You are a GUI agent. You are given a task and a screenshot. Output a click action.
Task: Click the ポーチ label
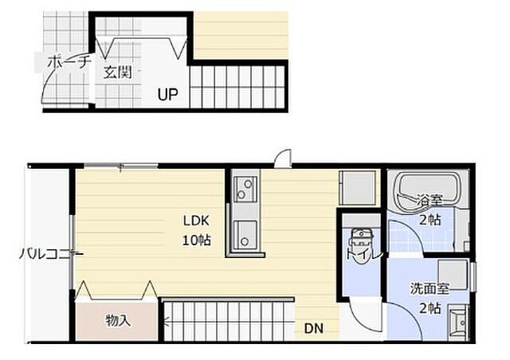(67, 62)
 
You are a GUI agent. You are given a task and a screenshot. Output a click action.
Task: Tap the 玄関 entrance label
(118, 72)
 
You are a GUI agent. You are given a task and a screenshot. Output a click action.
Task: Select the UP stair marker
(168, 95)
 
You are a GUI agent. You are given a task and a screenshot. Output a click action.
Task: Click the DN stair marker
(314, 328)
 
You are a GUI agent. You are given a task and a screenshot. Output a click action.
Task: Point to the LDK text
(196, 221)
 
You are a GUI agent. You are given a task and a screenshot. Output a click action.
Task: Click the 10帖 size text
(196, 241)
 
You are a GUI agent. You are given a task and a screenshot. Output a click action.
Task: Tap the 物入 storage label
(118, 321)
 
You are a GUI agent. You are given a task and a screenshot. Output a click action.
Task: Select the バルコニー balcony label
(51, 254)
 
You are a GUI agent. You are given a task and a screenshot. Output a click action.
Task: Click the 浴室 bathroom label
(430, 201)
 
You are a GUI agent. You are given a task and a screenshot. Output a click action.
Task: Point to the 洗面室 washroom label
(430, 288)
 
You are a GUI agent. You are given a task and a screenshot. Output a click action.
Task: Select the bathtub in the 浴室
(426, 191)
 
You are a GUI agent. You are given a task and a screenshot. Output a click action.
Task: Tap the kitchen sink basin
(245, 234)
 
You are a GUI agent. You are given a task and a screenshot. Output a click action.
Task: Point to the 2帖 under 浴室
(430, 220)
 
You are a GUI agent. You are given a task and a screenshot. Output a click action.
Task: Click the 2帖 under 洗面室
(430, 308)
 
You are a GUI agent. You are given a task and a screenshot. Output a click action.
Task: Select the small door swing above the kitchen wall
(283, 158)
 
